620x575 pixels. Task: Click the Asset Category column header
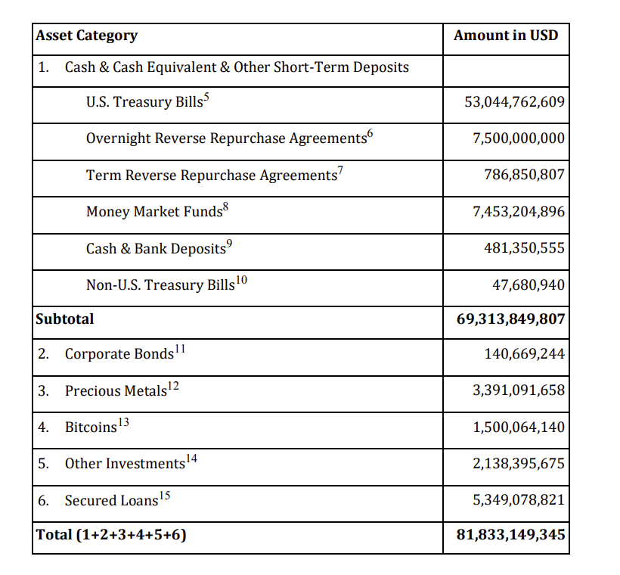tap(87, 36)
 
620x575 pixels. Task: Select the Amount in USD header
tap(506, 36)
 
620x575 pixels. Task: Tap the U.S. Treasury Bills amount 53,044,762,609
tap(514, 102)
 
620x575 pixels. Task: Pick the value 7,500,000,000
tap(518, 138)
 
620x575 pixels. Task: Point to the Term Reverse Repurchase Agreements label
tap(211, 176)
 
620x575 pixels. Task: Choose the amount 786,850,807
tap(524, 175)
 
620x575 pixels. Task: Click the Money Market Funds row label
tap(154, 212)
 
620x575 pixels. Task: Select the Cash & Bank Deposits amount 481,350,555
tap(524, 248)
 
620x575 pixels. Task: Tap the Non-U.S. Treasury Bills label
tap(160, 285)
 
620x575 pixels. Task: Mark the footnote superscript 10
tap(242, 281)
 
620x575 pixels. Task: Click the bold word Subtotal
tap(65, 319)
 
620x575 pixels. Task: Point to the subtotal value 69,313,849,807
tap(510, 319)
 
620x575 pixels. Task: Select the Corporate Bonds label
tap(119, 354)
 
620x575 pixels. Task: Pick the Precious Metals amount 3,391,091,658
tap(519, 390)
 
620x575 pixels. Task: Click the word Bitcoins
tap(91, 427)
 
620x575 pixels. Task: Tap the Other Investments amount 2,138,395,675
tap(519, 464)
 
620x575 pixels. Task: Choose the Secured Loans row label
tap(112, 501)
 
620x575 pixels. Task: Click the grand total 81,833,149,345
tap(510, 536)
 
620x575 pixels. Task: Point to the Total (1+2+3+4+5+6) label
tap(111, 536)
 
